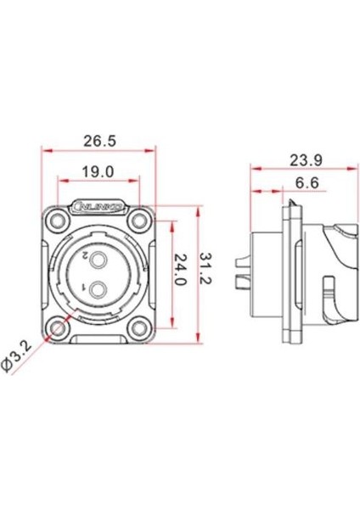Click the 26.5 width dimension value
point(100,140)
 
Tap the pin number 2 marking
point(87,255)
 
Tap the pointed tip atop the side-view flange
point(290,202)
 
